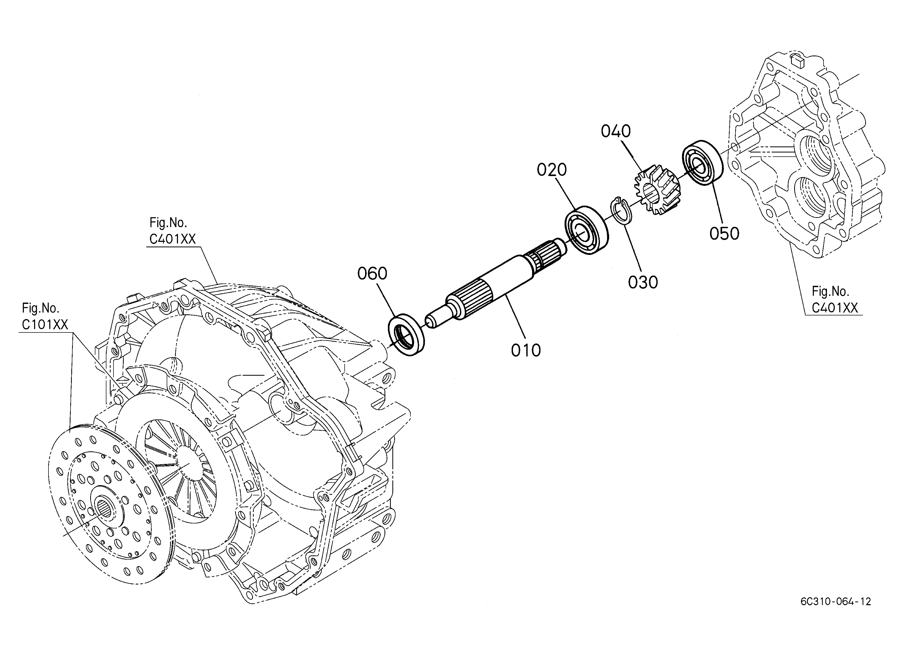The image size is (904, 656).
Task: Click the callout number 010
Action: pyautogui.click(x=526, y=351)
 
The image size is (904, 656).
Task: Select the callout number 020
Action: pyautogui.click(x=552, y=170)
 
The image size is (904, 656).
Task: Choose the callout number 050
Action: pyautogui.click(x=724, y=234)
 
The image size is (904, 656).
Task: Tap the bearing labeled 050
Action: pyautogui.click(x=703, y=162)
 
